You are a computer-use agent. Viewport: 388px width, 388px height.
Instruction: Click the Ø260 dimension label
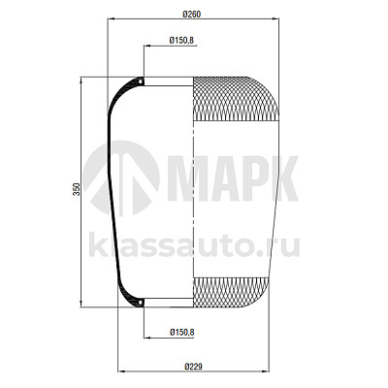pos(191,15)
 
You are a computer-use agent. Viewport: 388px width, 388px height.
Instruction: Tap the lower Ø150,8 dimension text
pos(181,332)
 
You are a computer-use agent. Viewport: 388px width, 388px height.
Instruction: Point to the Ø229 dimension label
pos(193,367)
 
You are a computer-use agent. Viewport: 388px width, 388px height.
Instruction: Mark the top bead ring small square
pos(141,81)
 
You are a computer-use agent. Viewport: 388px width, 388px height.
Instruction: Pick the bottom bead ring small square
pos(141,303)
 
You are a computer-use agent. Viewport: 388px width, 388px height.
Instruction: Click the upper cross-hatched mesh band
pos(236,99)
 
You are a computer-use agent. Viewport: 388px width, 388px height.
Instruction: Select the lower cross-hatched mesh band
pos(231,292)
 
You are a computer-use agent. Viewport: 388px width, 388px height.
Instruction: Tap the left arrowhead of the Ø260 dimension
pos(111,19)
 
